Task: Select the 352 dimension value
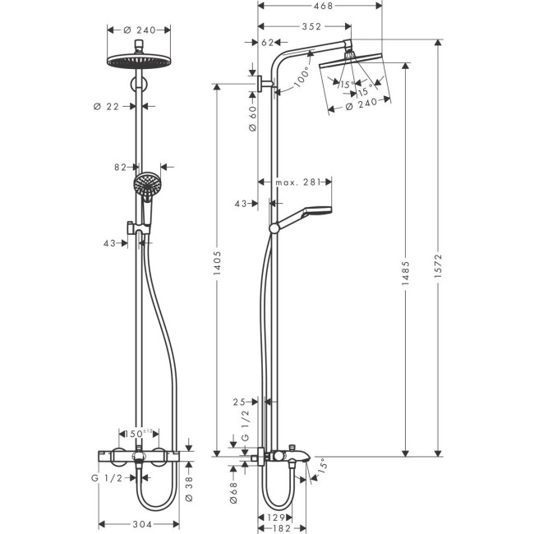coord(311,26)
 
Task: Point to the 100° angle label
coord(302,80)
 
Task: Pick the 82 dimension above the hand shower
coord(121,166)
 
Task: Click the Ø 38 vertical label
coord(189,489)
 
